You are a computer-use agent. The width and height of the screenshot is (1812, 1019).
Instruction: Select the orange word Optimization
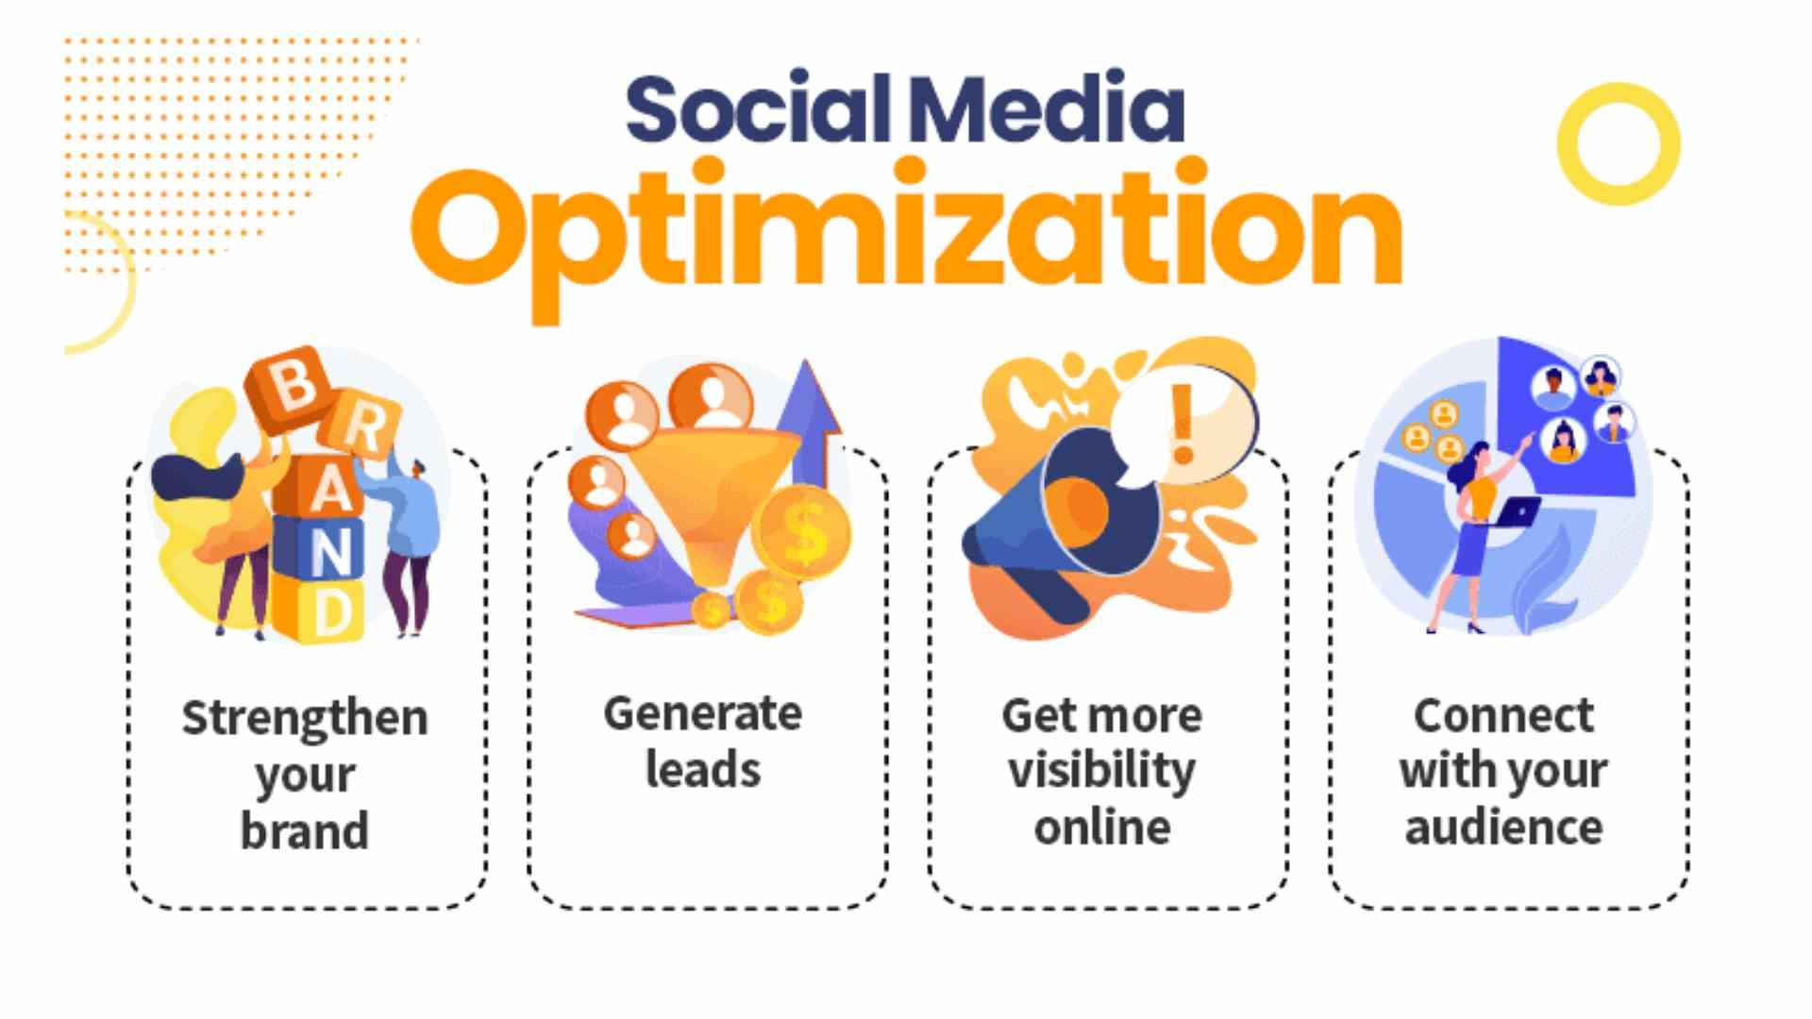coord(906,231)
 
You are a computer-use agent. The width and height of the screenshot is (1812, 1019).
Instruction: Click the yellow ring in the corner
coord(1619,144)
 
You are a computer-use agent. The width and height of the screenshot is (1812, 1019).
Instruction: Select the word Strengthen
coord(305,719)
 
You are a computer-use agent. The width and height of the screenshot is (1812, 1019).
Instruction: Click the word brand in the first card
coord(305,830)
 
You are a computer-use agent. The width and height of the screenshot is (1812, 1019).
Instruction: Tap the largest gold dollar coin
coord(804,534)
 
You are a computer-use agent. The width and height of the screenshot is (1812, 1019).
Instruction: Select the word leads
coord(703,770)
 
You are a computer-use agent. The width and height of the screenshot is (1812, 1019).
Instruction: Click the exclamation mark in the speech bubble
coord(1182,425)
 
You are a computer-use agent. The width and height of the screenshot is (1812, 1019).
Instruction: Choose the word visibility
coord(1101,772)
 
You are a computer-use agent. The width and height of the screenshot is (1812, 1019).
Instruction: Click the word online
coord(1101,828)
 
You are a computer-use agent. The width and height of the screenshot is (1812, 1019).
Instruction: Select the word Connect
coord(1503,716)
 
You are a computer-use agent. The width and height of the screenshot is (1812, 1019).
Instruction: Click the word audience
coord(1503,828)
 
